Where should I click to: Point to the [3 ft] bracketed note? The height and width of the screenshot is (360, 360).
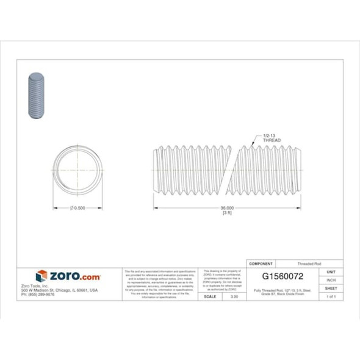(228, 214)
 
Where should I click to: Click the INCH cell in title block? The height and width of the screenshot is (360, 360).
(331, 279)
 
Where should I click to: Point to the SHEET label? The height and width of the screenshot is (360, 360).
(331, 287)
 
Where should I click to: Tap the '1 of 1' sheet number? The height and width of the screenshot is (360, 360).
(331, 296)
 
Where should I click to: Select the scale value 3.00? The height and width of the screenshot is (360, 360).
(232, 296)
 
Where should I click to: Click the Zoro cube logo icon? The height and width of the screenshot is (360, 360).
(41, 276)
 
